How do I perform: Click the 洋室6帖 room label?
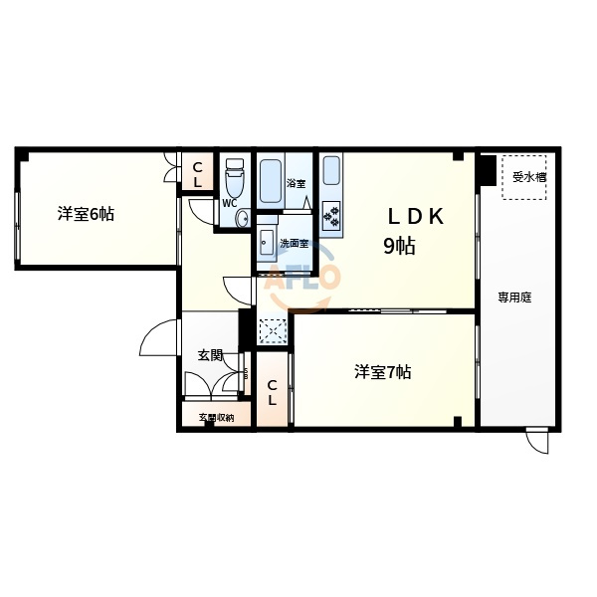[x=86, y=214]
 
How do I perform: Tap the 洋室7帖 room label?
[x=383, y=372]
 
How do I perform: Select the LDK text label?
[x=416, y=217]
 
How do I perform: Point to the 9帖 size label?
[x=399, y=246]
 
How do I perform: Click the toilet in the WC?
[x=234, y=178]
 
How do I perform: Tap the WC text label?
[x=230, y=204]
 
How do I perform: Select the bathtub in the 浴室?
[x=271, y=181]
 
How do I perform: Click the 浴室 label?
[x=296, y=183]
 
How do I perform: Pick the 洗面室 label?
[x=294, y=244]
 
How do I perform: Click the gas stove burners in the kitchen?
[x=331, y=216]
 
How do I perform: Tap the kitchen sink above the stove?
[x=331, y=171]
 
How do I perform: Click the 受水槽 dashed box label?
[x=529, y=177]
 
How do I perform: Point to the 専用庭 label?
[x=514, y=298]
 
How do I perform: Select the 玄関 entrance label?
[x=210, y=355]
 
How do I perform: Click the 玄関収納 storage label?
[x=216, y=418]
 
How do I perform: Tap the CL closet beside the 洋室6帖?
[x=197, y=174]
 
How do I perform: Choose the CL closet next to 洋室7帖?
[x=272, y=393]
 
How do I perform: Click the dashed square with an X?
[x=273, y=330]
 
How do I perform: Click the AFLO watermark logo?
[x=301, y=276]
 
